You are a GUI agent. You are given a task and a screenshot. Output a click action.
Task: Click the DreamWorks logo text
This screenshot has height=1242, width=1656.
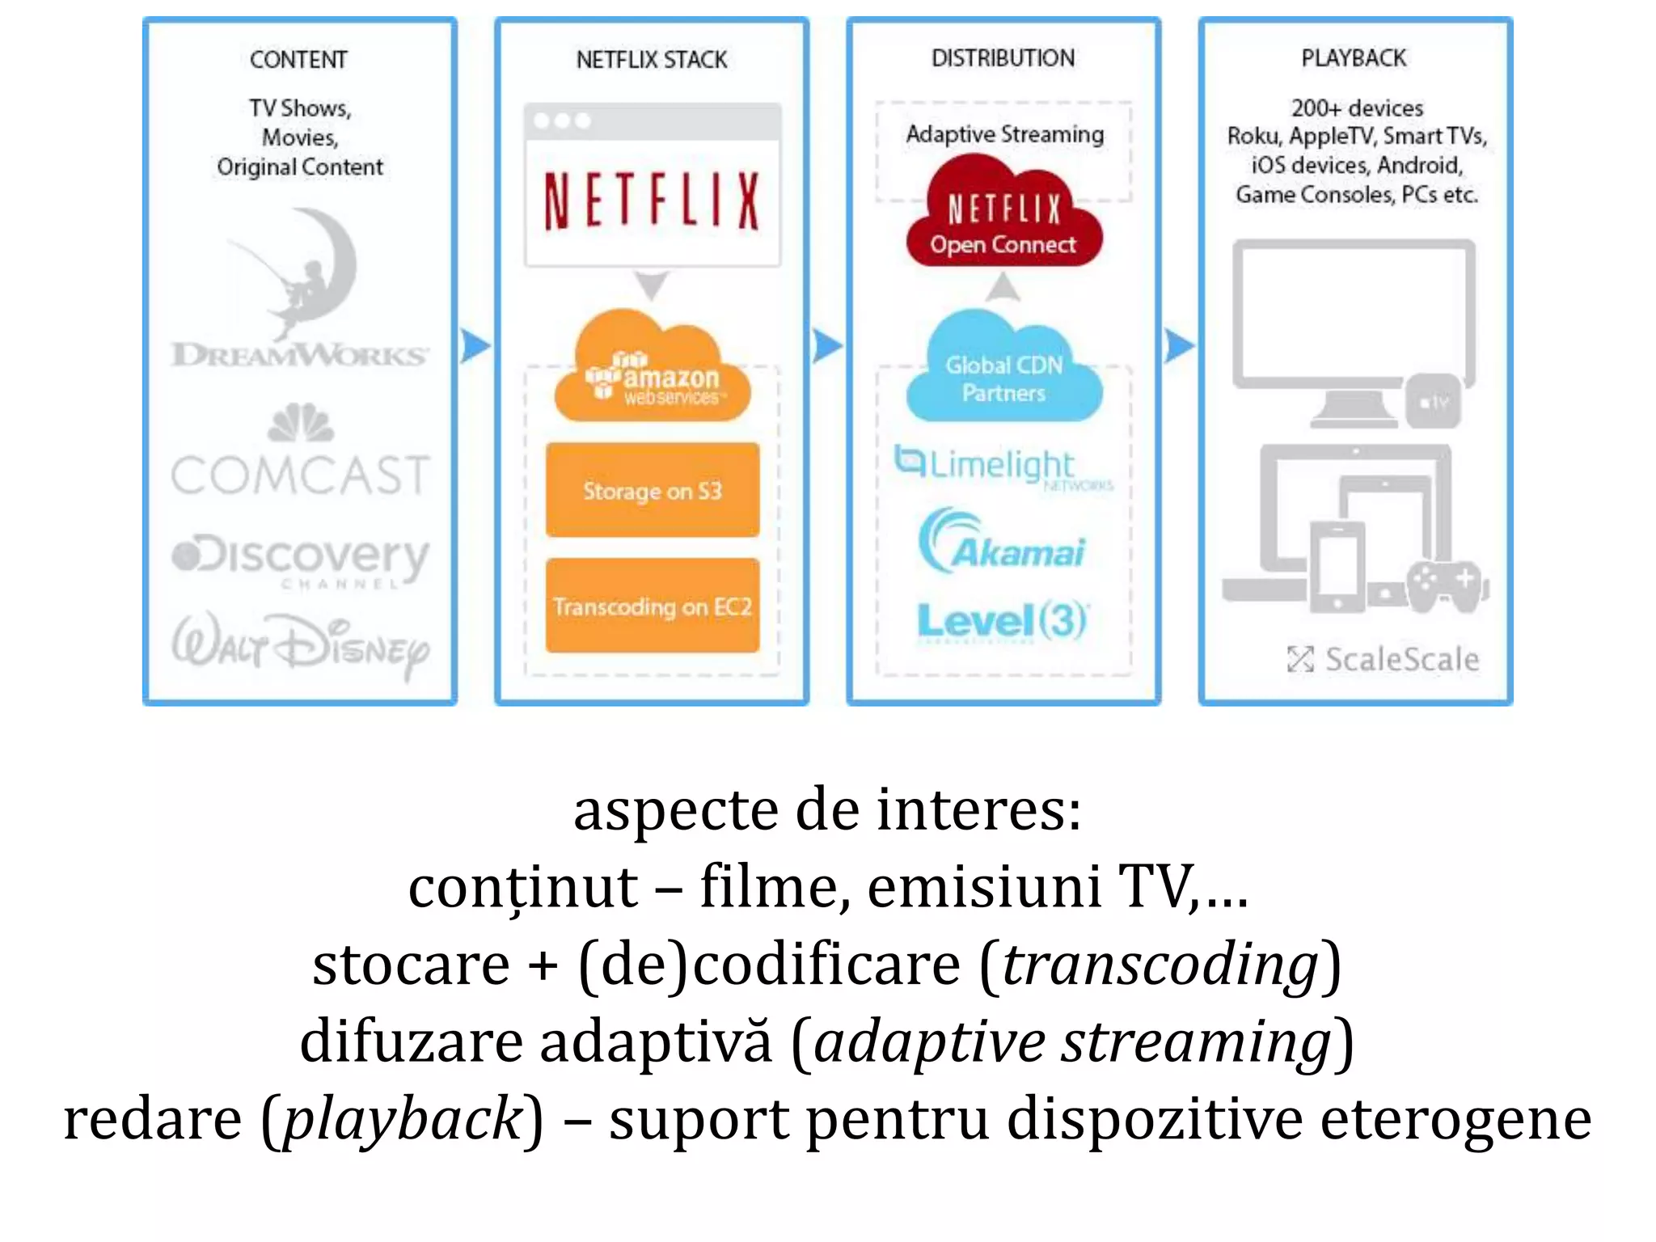299,355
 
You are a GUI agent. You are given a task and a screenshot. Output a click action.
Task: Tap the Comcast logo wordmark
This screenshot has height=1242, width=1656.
299,474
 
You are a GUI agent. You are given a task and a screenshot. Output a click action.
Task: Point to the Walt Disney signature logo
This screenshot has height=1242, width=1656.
299,645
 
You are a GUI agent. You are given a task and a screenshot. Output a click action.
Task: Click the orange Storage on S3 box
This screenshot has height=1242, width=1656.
653,490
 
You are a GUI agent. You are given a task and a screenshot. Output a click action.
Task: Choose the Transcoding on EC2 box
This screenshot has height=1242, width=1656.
653,606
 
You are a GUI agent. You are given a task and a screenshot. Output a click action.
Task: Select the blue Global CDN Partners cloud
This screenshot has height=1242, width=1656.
1003,374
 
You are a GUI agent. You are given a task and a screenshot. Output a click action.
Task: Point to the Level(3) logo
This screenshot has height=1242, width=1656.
1003,621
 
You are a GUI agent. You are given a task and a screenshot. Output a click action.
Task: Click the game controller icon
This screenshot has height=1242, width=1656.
1445,584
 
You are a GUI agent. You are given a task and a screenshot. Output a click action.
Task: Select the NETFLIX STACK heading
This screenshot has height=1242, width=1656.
652,60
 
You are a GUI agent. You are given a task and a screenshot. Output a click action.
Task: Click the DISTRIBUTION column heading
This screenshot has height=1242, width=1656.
1003,58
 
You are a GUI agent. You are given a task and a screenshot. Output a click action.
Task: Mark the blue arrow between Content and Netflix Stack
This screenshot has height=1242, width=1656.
475,345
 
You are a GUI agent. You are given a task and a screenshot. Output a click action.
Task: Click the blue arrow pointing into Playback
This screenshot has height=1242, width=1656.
1179,345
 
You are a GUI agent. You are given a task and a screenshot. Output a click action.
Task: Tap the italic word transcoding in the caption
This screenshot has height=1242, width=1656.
1160,964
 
